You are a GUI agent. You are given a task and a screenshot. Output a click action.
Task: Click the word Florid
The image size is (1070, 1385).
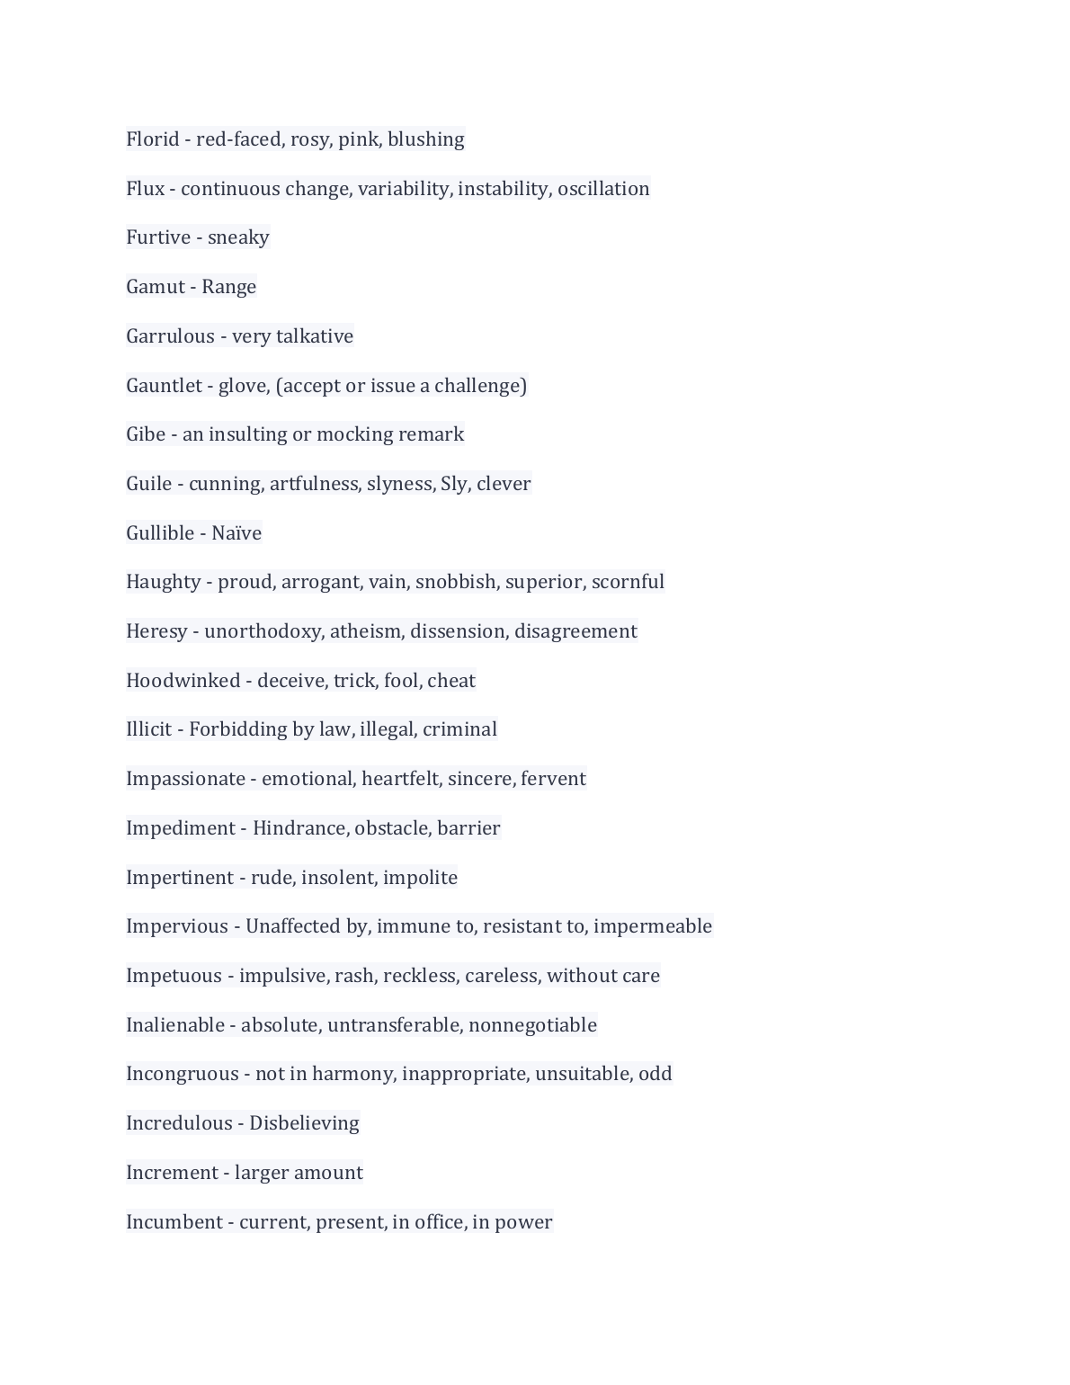(x=153, y=139)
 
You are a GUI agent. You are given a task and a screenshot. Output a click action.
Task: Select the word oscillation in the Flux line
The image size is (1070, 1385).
(x=603, y=189)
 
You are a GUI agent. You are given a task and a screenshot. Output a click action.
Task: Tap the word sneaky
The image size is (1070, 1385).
(x=238, y=237)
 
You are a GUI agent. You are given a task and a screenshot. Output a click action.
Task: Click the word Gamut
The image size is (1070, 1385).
(x=156, y=287)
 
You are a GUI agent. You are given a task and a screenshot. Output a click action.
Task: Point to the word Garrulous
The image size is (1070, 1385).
(x=170, y=336)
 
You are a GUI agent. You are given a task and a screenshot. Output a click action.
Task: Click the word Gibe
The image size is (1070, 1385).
(x=146, y=434)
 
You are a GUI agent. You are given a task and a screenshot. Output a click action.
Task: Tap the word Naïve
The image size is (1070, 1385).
(x=236, y=533)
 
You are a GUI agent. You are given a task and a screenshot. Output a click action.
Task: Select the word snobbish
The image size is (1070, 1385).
(x=456, y=582)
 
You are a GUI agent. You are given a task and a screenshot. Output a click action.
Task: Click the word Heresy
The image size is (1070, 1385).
(x=156, y=631)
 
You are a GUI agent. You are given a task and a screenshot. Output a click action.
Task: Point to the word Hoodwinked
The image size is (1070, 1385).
(x=183, y=681)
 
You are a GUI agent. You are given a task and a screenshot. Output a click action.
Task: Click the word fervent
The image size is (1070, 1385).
(x=553, y=779)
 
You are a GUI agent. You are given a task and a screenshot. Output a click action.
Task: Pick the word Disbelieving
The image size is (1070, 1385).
(x=304, y=1123)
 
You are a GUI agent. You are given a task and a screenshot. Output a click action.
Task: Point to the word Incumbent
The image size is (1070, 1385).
(x=174, y=1222)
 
